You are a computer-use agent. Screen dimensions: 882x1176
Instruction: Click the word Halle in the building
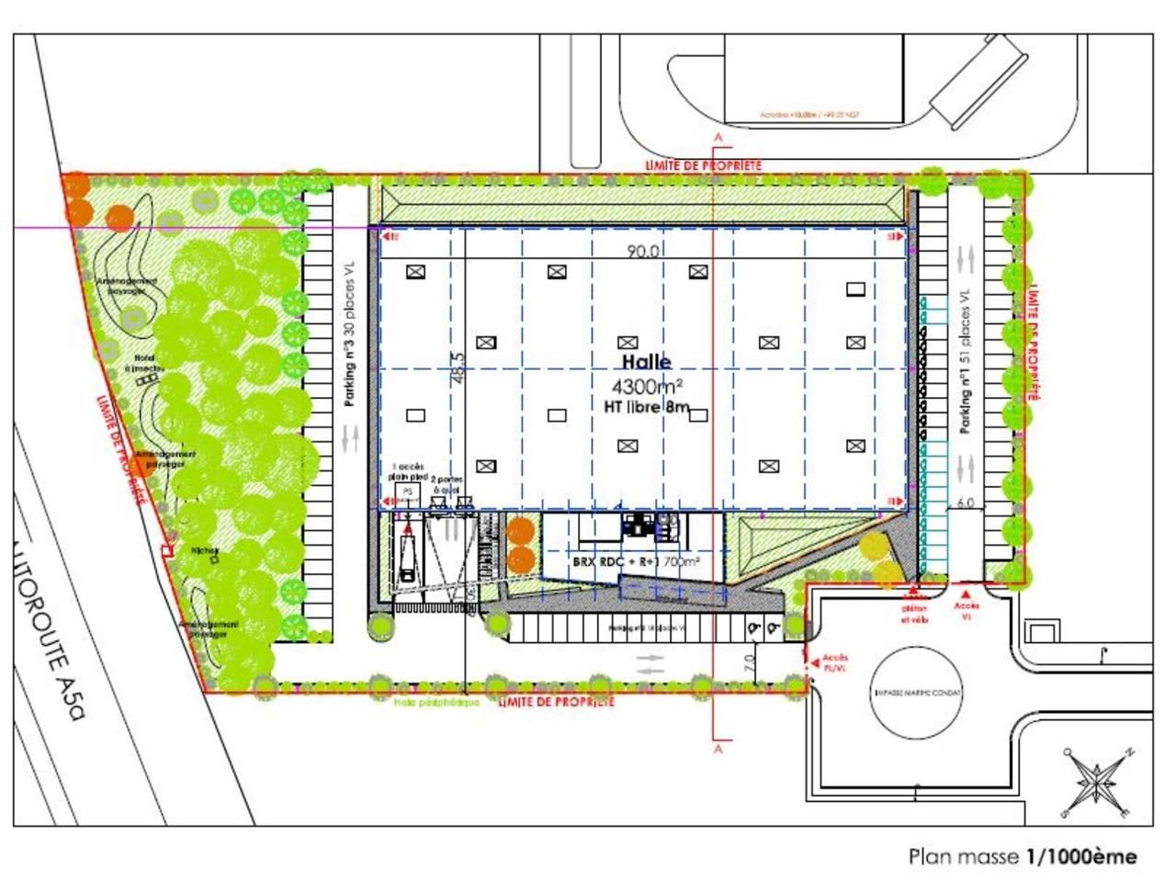pyautogui.click(x=647, y=363)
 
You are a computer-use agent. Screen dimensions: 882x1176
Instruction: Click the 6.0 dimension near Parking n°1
pyautogui.click(x=965, y=504)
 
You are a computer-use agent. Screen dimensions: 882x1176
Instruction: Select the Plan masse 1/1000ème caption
pyautogui.click(x=1023, y=856)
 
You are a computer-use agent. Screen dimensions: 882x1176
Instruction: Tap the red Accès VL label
pyautogui.click(x=967, y=611)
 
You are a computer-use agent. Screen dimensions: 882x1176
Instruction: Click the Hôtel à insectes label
pyautogui.click(x=148, y=364)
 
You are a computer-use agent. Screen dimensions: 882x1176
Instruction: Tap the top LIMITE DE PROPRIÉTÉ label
pyautogui.click(x=703, y=164)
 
